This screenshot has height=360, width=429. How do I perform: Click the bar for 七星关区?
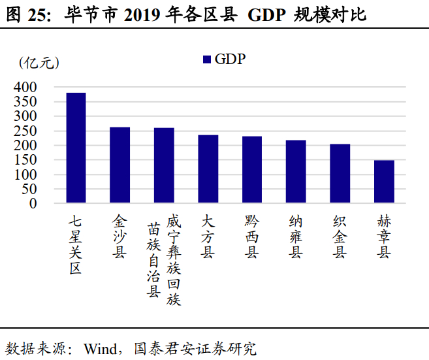pyautogui.click(x=76, y=148)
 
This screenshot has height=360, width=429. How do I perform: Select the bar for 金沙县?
pyautogui.click(x=119, y=165)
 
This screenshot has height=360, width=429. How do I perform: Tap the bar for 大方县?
pyautogui.click(x=208, y=169)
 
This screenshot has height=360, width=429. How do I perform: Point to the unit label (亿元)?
pyautogui.click(x=40, y=63)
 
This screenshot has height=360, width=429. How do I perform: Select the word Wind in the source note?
pyautogui.click(x=99, y=348)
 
